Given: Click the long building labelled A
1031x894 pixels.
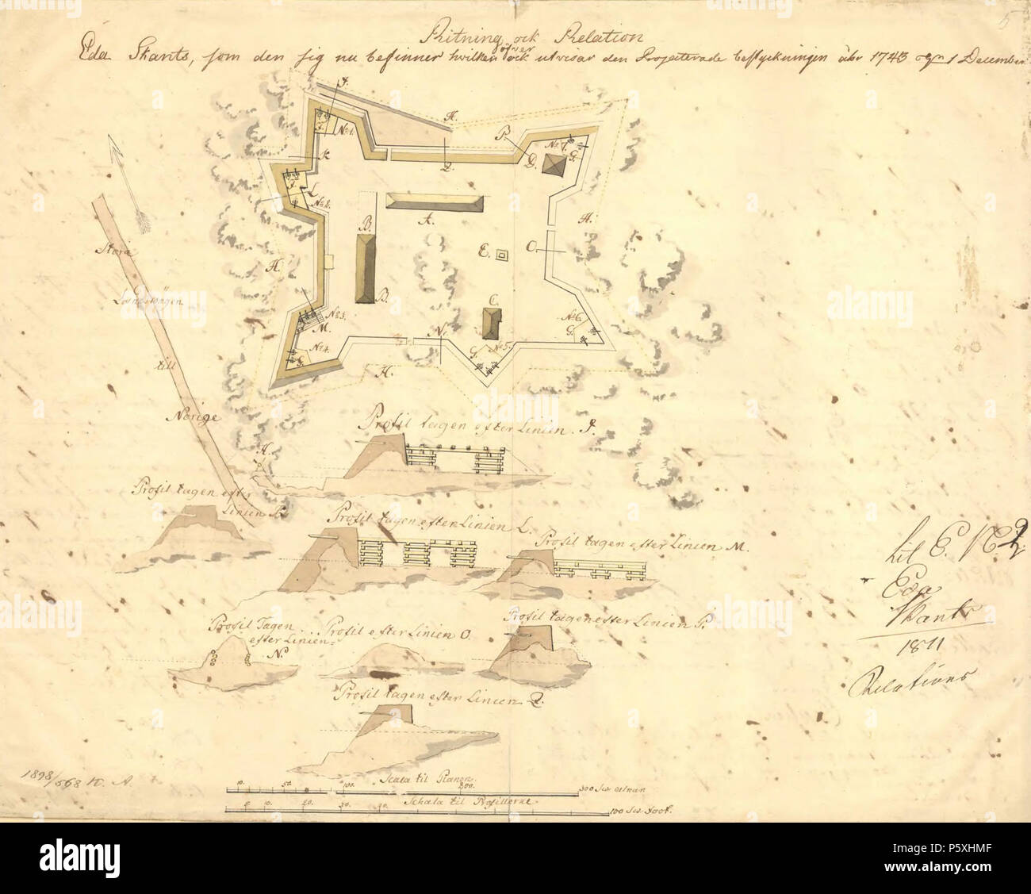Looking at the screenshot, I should [433, 201].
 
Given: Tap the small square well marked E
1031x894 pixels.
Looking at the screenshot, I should [501, 255].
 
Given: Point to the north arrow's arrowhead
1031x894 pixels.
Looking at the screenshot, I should [116, 154].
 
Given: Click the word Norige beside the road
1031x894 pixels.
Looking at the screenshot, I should [185, 415].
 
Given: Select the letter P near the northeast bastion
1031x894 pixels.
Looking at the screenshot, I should [502, 136].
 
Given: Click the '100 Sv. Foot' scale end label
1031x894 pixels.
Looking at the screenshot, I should [641, 811].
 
